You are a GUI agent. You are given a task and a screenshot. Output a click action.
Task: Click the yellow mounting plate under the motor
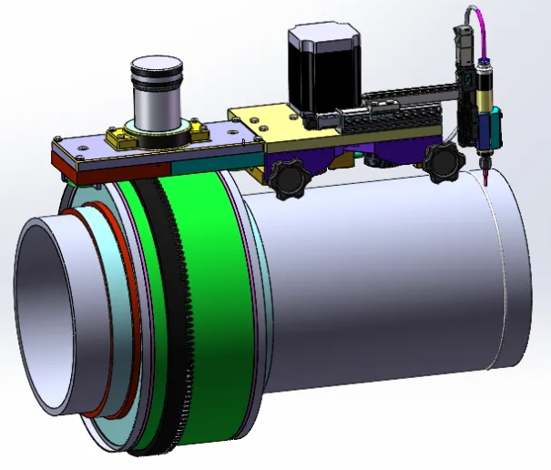pos(264,128)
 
